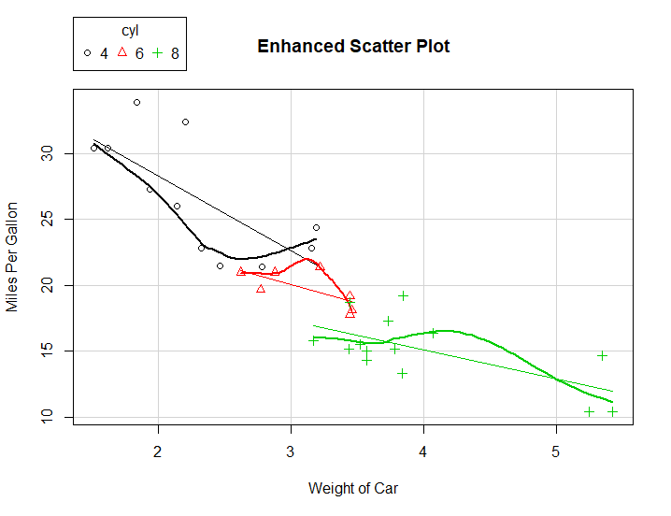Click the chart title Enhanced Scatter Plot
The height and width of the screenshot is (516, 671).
point(353,46)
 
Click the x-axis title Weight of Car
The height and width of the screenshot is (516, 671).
point(353,487)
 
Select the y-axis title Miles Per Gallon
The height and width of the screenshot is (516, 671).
point(13,256)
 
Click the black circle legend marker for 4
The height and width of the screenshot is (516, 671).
point(87,53)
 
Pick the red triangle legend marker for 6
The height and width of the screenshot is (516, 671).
point(121,52)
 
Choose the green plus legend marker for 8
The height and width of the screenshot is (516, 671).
point(157,53)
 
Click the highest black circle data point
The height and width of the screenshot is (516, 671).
point(136,102)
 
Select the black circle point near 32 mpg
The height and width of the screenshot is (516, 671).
point(185,122)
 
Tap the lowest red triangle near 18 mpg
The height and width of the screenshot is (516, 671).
point(350,313)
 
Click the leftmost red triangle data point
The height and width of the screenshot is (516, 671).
point(241,271)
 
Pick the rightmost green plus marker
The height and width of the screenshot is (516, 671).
point(613,411)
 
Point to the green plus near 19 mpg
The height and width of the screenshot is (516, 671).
point(403,295)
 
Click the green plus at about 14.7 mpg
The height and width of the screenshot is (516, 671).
point(603,355)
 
